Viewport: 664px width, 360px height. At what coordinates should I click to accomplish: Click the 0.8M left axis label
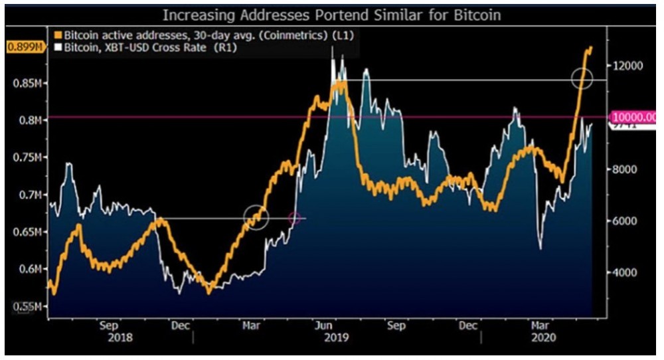(29, 120)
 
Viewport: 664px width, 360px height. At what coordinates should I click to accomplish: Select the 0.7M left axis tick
(29, 195)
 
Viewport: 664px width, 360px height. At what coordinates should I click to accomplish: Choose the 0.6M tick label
(29, 269)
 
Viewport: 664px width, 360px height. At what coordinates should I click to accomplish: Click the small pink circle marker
(295, 218)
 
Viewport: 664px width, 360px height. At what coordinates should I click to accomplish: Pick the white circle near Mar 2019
(256, 217)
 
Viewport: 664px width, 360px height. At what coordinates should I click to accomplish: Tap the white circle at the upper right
(582, 79)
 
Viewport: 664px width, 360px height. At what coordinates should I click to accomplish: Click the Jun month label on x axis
(323, 326)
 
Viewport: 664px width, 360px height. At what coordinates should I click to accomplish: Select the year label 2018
(120, 337)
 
